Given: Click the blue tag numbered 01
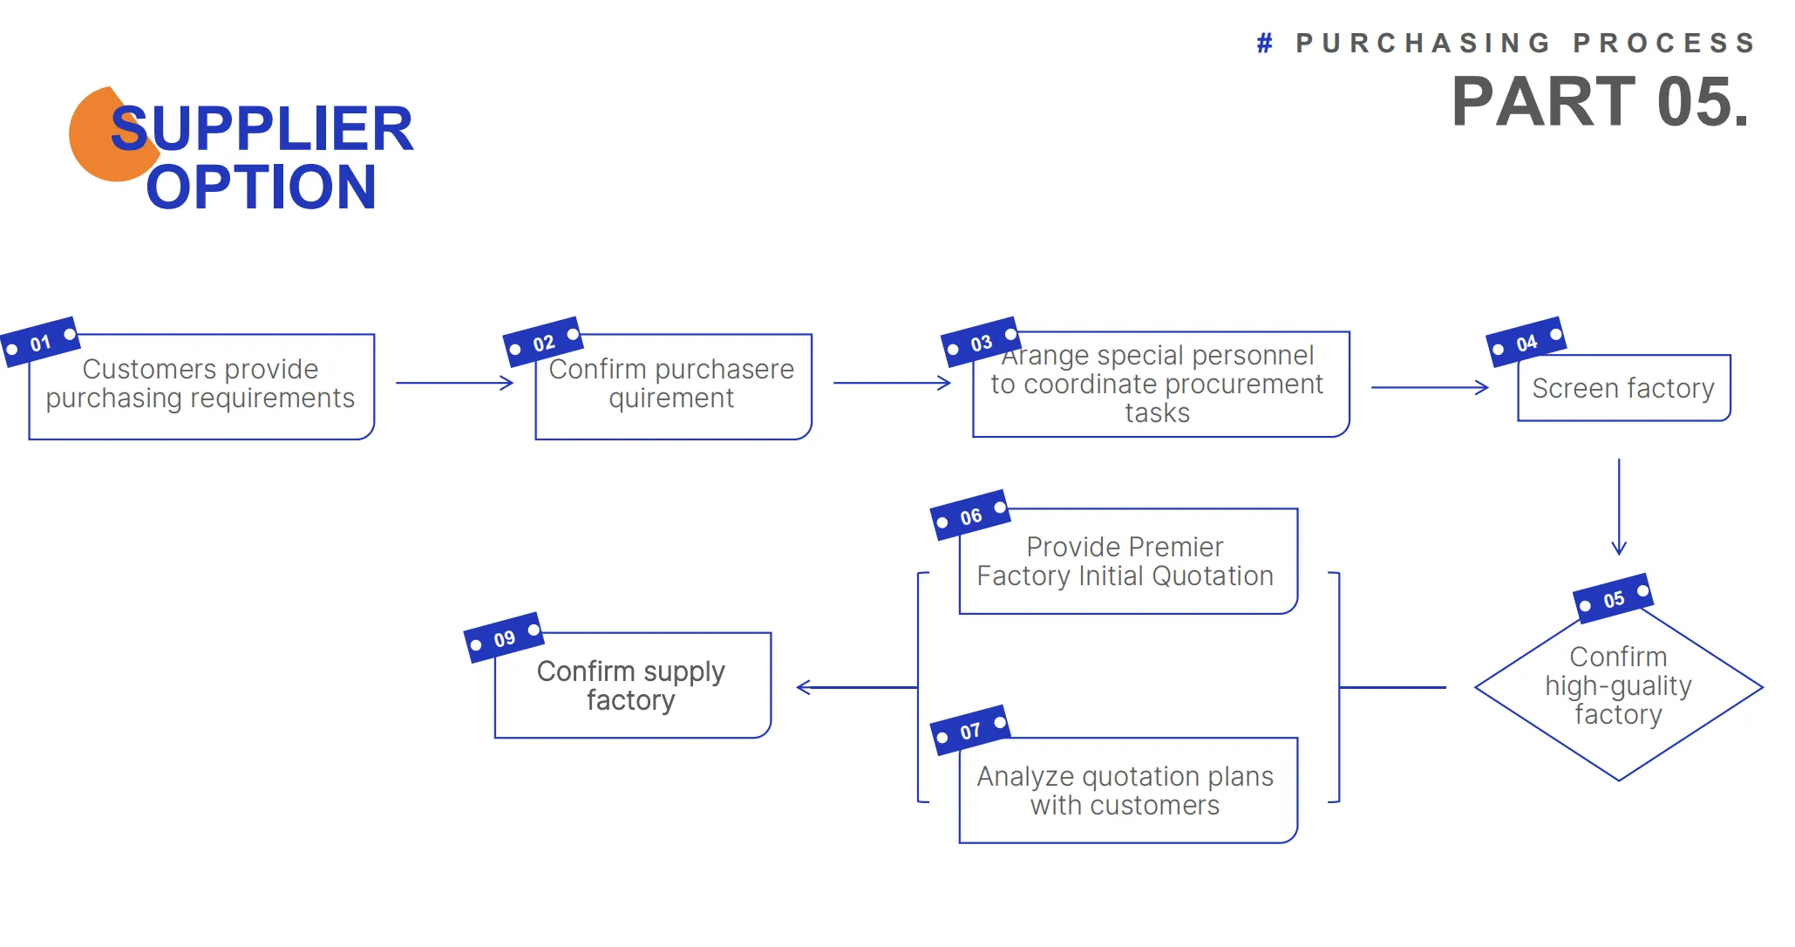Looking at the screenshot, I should [x=40, y=342].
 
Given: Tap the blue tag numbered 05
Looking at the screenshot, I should [x=1613, y=599].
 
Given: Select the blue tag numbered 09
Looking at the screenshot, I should [x=504, y=638].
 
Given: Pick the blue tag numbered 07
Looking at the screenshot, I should [x=970, y=731].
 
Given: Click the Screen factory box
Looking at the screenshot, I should [x=1623, y=388].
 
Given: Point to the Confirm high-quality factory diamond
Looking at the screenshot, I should [x=1618, y=686].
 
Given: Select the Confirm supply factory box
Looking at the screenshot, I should [x=632, y=686].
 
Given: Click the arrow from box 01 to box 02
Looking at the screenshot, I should [x=454, y=383].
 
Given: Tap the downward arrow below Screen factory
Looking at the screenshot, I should [x=1619, y=507].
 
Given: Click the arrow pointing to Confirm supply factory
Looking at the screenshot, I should [x=855, y=687].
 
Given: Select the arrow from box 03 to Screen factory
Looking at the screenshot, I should [x=1429, y=387].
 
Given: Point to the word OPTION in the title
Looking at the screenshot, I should [x=261, y=187].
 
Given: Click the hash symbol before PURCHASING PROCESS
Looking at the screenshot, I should [x=1264, y=43].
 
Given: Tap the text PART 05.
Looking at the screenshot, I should [x=1600, y=102].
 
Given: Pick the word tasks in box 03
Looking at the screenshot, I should [x=1157, y=412].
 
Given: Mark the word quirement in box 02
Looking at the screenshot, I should [x=670, y=399].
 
